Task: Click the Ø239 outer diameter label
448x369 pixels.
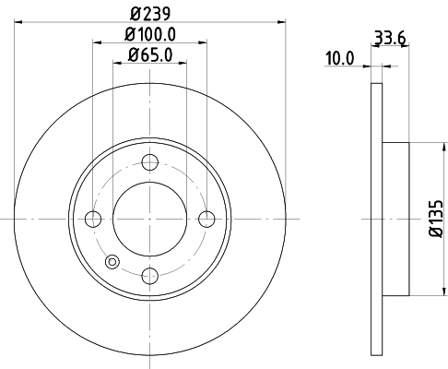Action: coord(149,14)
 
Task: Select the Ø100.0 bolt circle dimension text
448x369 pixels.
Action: coord(149,35)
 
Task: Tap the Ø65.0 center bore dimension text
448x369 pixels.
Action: coord(149,55)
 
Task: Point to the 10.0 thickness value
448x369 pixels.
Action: coord(339,57)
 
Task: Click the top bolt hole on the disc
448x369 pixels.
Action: coord(149,162)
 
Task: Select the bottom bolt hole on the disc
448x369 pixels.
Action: coord(149,275)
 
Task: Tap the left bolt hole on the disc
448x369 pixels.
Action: coord(92,219)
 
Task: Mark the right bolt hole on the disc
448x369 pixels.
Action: coord(206,219)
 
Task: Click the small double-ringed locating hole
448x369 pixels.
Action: coord(112,261)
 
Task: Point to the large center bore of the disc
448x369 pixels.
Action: coord(149,219)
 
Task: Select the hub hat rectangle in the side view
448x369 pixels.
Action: coord(395,219)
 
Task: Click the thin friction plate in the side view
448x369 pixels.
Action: coord(375,219)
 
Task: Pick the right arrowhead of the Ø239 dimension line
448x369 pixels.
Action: coord(282,22)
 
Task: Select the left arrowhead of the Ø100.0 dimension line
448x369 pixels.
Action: coord(95,42)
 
